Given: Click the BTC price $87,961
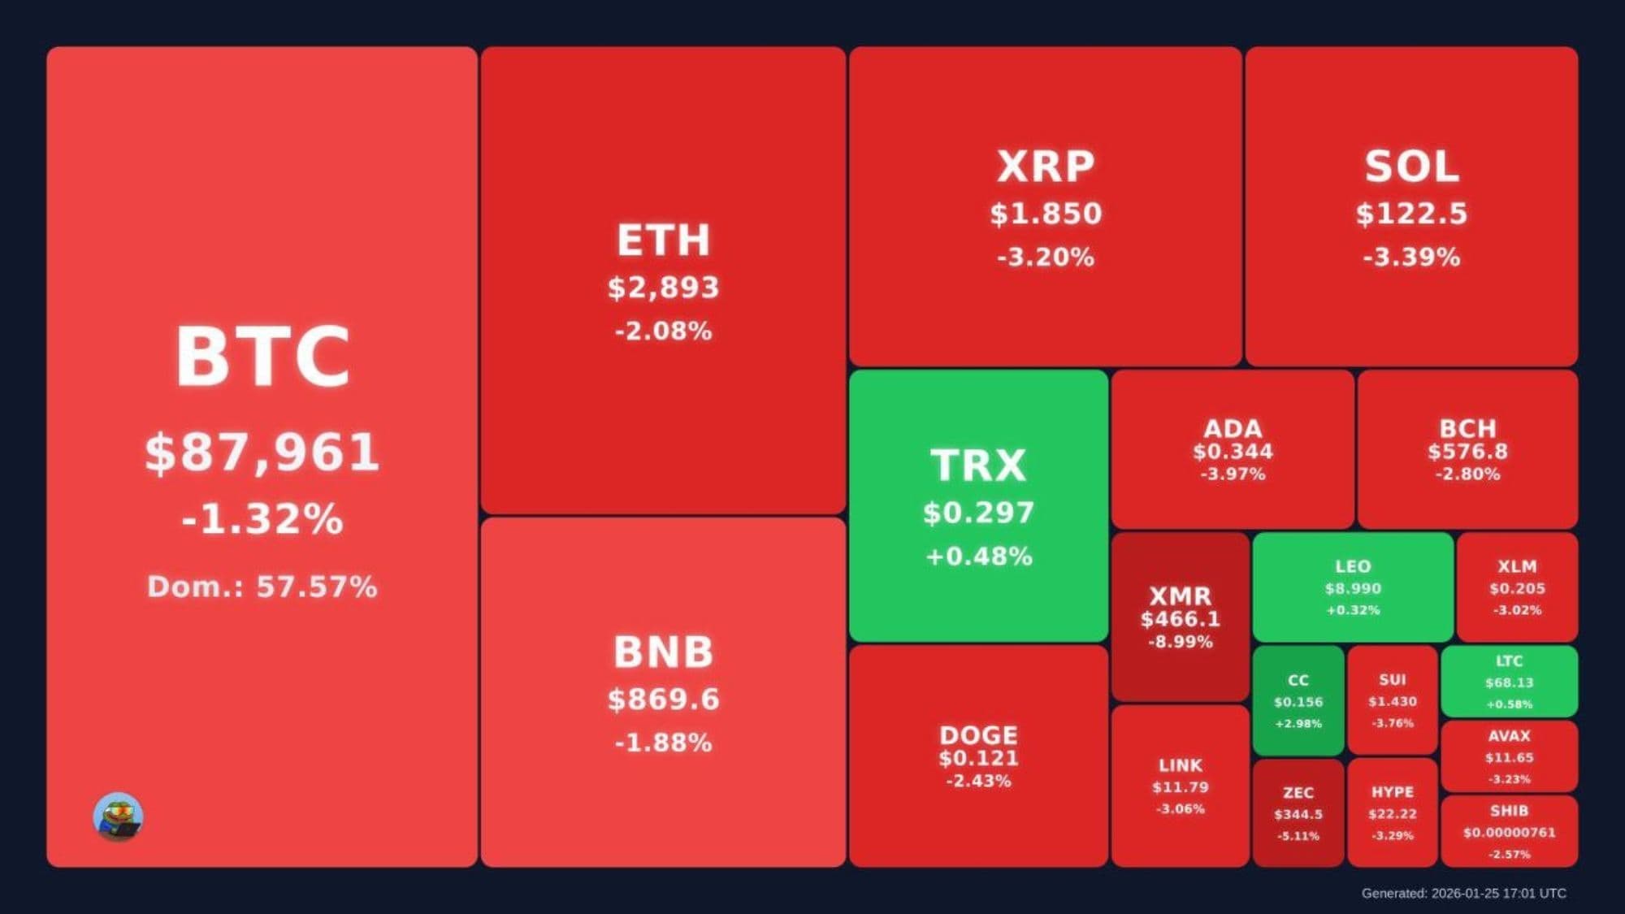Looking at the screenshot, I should point(262,452).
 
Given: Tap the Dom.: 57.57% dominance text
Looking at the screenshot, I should point(262,587).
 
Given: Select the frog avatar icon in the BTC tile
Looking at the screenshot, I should point(118,817).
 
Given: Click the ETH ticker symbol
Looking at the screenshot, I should point(663,240).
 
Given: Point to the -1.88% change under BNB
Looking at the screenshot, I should point(663,743).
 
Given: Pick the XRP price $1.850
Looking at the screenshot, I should point(1046,214).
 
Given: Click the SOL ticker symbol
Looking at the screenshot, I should point(1411,167).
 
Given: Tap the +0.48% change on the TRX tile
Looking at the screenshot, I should point(978,557).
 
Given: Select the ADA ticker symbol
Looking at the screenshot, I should point(1233,428).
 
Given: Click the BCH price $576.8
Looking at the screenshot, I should point(1467,452).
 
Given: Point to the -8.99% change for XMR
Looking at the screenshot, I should point(1180,642).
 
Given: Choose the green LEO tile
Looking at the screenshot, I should point(1353,587).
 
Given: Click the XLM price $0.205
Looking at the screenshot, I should point(1517,588).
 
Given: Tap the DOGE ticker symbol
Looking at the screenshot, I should point(978,735).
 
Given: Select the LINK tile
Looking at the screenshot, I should point(1180,786).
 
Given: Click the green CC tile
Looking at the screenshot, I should point(1298,701).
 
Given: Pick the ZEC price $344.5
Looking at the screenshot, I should point(1298,814).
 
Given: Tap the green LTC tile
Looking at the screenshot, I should point(1509,682).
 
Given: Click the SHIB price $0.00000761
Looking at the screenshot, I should point(1509,833).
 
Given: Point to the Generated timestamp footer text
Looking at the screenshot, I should point(1463,893).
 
